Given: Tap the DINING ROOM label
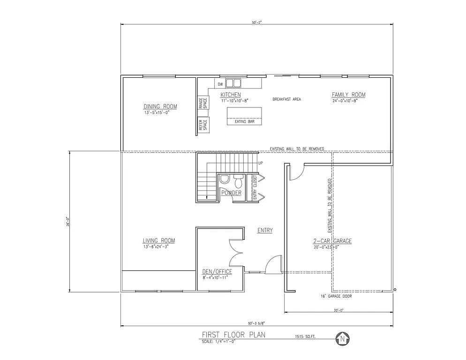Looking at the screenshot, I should (160, 106).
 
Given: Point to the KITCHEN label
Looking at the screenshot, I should (231, 95).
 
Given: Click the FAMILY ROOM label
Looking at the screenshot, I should (348, 95).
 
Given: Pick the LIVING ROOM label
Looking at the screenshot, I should (159, 240).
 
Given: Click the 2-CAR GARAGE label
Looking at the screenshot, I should (332, 241).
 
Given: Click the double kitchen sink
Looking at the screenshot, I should (233, 83).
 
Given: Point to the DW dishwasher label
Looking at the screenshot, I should (220, 84).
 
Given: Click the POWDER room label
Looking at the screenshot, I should (231, 193).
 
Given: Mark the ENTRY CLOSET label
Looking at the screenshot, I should (255, 187).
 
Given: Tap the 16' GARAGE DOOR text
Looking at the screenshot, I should (336, 296).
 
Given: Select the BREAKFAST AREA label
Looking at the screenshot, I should (286, 99).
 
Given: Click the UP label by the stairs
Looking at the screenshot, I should (261, 163).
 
